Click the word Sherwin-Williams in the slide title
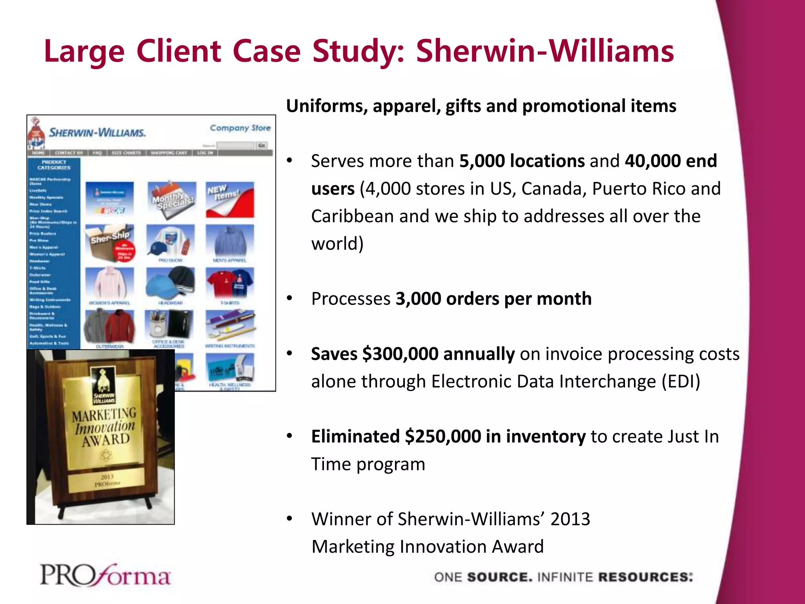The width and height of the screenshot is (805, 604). [x=545, y=51]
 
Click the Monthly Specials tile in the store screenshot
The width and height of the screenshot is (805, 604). [x=171, y=199]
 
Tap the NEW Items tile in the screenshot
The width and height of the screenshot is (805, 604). [x=230, y=199]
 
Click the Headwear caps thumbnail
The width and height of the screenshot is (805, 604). [x=170, y=283]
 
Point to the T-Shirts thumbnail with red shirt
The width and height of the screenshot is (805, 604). [x=230, y=283]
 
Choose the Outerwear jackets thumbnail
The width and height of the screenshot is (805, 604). [x=110, y=326]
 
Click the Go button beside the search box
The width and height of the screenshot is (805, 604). [x=262, y=145]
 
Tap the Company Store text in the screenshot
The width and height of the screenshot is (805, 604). [x=240, y=128]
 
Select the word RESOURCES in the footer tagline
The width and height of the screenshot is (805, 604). [x=645, y=577]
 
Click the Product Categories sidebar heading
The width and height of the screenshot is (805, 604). [x=54, y=165]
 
